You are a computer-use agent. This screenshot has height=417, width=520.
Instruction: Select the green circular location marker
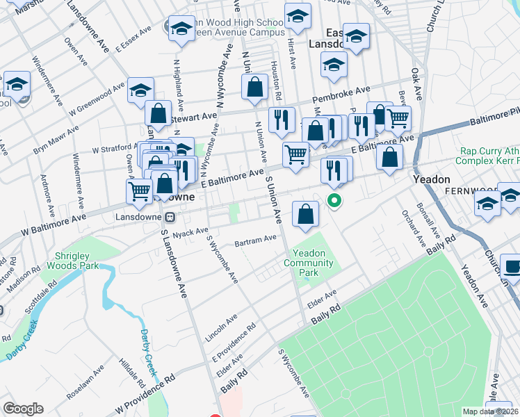tap(334, 202)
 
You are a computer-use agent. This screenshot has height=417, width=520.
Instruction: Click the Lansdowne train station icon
tap(159, 216)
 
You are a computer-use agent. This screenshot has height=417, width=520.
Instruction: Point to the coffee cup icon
tap(512, 267)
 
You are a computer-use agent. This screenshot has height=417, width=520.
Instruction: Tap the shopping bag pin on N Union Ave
tap(254, 87)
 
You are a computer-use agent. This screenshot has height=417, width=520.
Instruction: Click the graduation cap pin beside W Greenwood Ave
tap(140, 92)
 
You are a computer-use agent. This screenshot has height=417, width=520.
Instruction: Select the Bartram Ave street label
tap(255, 240)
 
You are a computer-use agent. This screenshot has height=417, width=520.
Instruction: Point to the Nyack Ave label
tap(190, 231)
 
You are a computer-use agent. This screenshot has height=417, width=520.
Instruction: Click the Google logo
tap(23, 409)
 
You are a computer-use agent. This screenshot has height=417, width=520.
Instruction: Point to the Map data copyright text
tap(491, 411)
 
